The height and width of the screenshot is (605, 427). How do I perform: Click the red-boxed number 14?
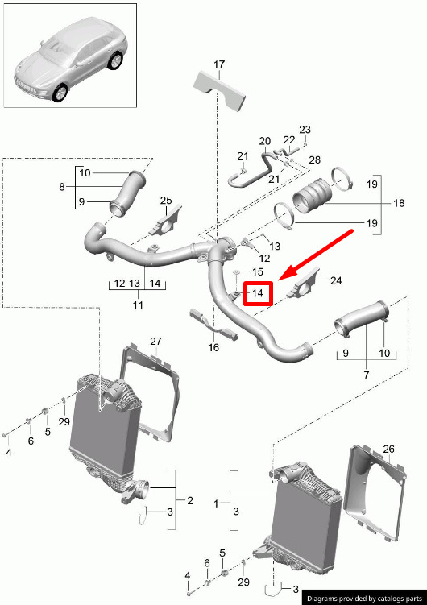coord(258,293)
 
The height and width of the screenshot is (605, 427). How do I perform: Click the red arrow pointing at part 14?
coord(316,255)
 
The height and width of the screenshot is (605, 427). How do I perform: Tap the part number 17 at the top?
coord(218,64)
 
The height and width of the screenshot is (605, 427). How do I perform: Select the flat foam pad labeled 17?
coord(219,89)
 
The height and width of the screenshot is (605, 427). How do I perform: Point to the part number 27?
coord(155,342)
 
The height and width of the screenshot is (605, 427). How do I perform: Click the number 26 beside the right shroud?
coord(389,450)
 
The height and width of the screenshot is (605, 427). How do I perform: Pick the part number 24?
coord(336,280)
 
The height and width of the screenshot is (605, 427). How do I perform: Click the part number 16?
coord(213,347)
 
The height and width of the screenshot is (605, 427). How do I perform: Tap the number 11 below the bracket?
coord(138,305)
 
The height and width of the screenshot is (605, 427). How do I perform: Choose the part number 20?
coord(265,141)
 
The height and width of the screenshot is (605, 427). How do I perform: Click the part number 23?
coord(305,129)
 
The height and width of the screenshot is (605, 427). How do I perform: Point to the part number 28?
coord(315,160)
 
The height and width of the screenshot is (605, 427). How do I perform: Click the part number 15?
coord(258,271)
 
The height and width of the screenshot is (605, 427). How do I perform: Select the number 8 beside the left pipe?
coord(62,187)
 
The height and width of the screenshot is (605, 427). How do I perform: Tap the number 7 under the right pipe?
coord(366,374)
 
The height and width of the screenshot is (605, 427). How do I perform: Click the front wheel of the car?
coord(60,93)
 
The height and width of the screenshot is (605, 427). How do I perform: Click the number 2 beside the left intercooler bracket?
coord(190,500)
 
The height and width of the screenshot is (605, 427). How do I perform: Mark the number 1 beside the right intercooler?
coord(216,503)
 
